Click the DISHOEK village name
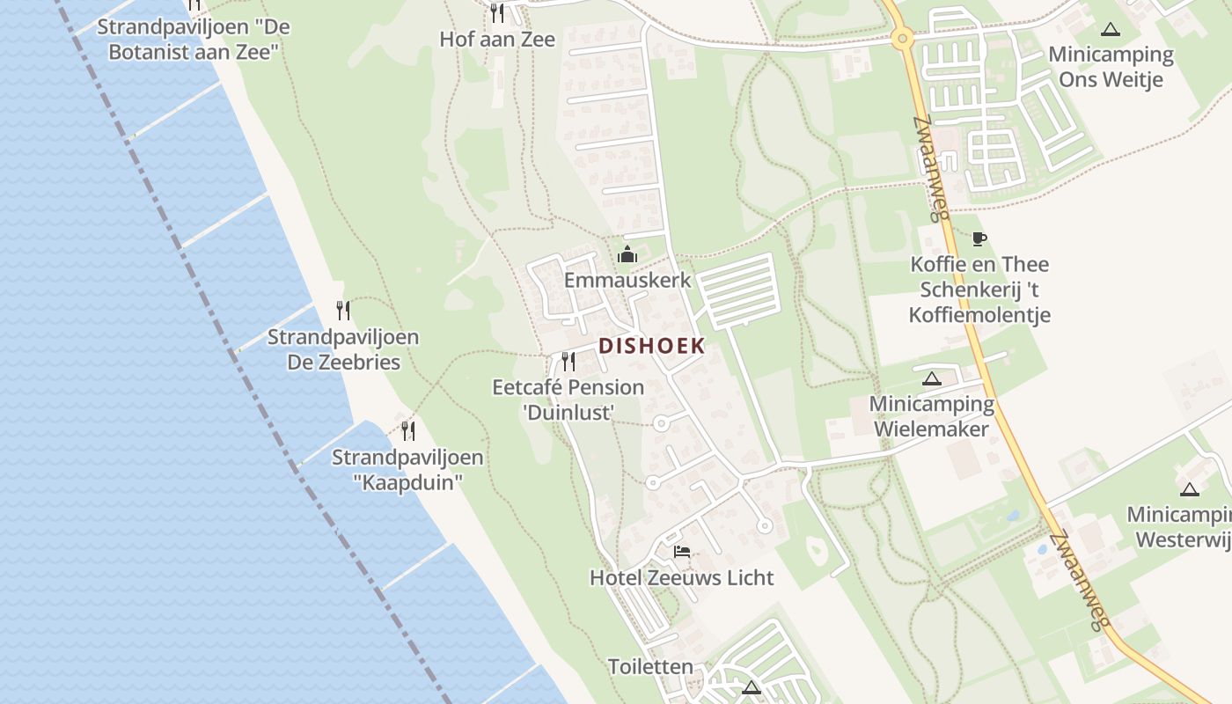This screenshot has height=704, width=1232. pos(652,346)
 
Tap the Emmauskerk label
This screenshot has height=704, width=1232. pos(627,281)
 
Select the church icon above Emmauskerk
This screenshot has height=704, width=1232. pos(627,255)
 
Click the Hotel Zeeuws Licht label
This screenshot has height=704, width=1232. pos(681,577)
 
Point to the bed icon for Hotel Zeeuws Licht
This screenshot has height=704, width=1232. pos(681,553)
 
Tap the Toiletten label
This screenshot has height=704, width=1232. pos(650,667)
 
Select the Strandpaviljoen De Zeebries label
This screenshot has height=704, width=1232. pos(343,349)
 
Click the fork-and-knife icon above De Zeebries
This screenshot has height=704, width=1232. pos(343,311)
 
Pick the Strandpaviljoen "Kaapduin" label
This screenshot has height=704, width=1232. pos(407,470)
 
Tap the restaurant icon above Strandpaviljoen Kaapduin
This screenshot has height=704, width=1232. pos(408,431)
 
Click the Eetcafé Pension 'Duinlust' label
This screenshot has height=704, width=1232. pos(568,400)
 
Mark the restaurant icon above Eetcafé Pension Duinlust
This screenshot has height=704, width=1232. pos(568,362)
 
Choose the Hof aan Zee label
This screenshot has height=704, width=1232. pos(497,39)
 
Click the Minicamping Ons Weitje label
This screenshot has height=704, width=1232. pos(1111,67)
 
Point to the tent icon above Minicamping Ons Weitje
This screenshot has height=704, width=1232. pos(1111,29)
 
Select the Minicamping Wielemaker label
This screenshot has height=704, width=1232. pos(931,416)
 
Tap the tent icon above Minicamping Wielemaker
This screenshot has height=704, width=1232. pos(931,379)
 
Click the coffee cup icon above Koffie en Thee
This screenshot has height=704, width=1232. pos(979,238)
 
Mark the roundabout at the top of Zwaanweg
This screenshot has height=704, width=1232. pos(901,38)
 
